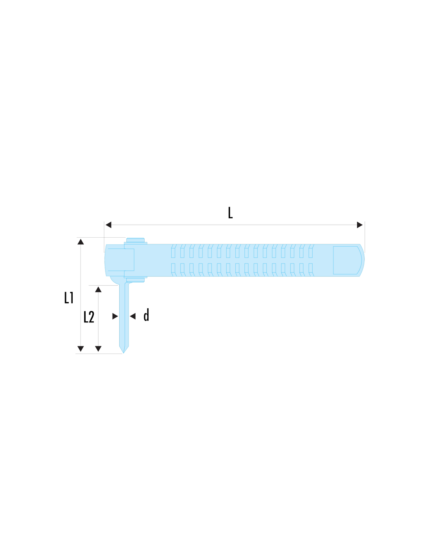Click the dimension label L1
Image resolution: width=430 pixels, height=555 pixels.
(69, 297)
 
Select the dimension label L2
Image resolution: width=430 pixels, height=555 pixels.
(89, 317)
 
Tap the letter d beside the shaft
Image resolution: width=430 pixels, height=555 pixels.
(146, 315)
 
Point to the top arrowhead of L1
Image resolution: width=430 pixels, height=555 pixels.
(81, 242)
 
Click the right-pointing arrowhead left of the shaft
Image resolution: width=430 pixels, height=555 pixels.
(115, 316)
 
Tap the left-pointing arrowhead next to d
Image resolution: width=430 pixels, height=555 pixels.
(133, 316)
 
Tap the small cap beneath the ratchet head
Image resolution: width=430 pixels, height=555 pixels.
(135, 280)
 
